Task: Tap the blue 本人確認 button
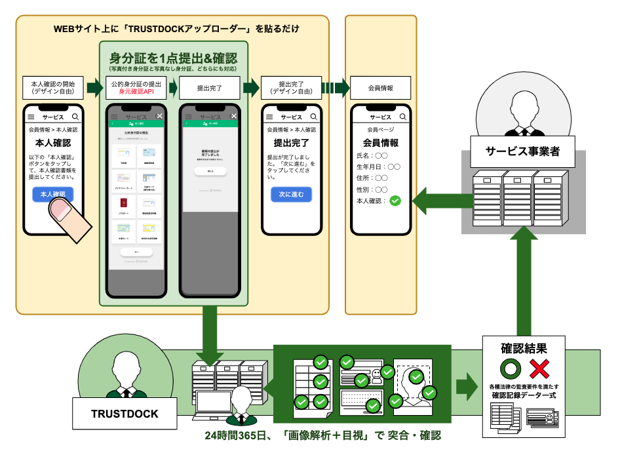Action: pyautogui.click(x=52, y=195)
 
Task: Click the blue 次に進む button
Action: pyautogui.click(x=291, y=195)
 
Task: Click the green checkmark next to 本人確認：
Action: pyautogui.click(x=395, y=201)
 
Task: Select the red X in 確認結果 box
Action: pyautogui.click(x=539, y=368)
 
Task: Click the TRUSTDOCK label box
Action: pyautogui.click(x=125, y=414)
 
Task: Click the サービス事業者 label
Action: pyautogui.click(x=522, y=152)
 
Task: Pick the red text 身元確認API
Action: pyautogui.click(x=135, y=92)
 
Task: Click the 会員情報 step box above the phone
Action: pyautogui.click(x=380, y=88)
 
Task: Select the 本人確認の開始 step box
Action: pyautogui.click(x=53, y=88)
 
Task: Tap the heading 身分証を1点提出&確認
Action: pyautogui.click(x=173, y=58)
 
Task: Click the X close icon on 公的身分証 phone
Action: pyautogui.click(x=159, y=116)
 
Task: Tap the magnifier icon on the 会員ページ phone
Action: pyautogui.click(x=402, y=117)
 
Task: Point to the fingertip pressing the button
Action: pyautogui.click(x=62, y=210)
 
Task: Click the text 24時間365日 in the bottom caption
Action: pyautogui.click(x=233, y=435)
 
